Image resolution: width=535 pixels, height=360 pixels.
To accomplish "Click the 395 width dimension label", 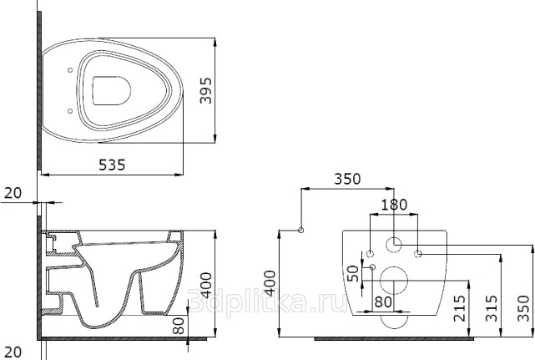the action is pyautogui.click(x=206, y=90).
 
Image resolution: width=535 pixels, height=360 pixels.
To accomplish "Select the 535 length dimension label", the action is pyautogui.click(x=112, y=165).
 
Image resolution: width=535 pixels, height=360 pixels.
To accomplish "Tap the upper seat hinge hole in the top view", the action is pyautogui.click(x=70, y=70).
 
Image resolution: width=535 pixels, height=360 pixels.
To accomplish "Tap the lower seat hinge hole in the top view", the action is pyautogui.click(x=70, y=111).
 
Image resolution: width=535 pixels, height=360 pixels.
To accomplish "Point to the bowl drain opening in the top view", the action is pyautogui.click(x=112, y=90).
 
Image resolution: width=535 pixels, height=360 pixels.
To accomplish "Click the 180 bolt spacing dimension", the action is pyautogui.click(x=394, y=205).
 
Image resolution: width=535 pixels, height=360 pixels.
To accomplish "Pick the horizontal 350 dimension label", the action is pyautogui.click(x=347, y=179).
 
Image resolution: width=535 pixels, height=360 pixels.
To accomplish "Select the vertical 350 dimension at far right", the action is pyautogui.click(x=524, y=308).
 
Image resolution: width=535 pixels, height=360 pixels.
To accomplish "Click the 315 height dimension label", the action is pyautogui.click(x=492, y=308).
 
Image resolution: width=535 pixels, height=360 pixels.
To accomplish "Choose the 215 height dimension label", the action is pyautogui.click(x=460, y=308).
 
